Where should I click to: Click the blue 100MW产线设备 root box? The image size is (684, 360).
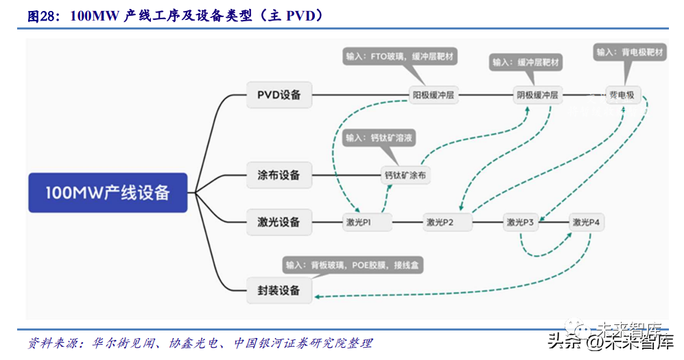coord(107,192)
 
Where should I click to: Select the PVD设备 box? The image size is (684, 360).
coord(279,95)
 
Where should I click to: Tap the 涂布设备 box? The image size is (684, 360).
coord(279,175)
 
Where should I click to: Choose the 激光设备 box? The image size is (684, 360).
coord(279,221)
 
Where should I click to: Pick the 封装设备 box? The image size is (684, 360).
coord(279,290)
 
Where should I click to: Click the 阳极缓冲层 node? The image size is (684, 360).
coord(434,95)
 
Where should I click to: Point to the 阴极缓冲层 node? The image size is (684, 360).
coord(537,95)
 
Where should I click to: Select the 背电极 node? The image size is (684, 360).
coord(622,95)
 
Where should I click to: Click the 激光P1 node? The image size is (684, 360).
coord(357,221)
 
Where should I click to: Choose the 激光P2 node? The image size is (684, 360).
coord(440,221)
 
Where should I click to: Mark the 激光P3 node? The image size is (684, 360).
coord(521,221)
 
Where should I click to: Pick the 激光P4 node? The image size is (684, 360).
coord(587,221)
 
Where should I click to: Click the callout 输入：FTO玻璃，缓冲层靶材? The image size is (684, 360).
coord(401,56)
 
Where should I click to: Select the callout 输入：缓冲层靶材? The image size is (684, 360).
coord(526,62)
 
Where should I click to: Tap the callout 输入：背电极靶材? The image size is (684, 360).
coord(630,52)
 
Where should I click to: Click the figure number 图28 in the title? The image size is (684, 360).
coord(42,16)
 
